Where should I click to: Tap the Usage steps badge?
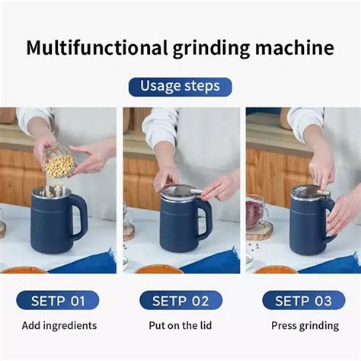point(180,86)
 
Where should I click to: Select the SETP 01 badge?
point(58,300)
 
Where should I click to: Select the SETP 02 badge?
point(180,300)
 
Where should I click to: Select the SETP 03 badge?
point(302,300)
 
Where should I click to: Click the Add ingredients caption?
point(59,326)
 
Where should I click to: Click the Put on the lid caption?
point(180,326)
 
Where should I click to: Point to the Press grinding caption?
point(305,326)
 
